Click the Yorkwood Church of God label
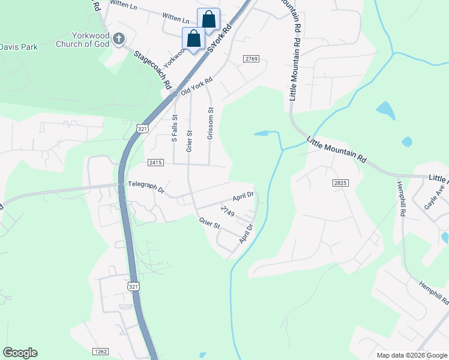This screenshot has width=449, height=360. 83,40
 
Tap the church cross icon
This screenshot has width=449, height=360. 119,40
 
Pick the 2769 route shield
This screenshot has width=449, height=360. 251,58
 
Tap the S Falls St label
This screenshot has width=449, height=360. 175,128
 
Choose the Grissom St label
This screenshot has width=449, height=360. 210,124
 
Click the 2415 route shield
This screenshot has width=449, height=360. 155,163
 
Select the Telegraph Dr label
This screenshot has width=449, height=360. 145,188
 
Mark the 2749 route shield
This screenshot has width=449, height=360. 227,211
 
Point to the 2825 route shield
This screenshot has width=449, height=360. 340,182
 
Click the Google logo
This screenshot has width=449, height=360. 20,353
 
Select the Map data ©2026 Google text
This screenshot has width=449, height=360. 411,355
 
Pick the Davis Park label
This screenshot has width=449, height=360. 19,46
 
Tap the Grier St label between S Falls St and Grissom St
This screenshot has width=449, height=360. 188,141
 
